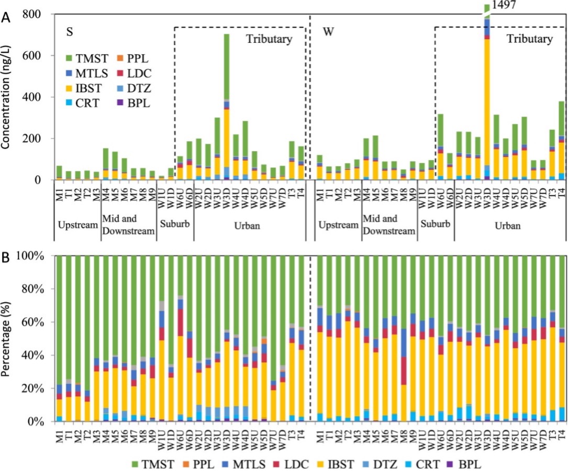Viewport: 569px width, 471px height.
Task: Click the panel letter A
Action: click(x=6, y=17)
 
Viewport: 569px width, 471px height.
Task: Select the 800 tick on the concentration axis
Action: click(x=32, y=15)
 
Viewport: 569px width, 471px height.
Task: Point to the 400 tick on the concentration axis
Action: click(x=32, y=97)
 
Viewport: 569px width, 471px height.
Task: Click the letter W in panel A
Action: click(x=329, y=32)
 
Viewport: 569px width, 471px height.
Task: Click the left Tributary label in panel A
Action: click(x=270, y=39)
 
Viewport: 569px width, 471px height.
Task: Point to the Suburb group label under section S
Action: click(x=175, y=225)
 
